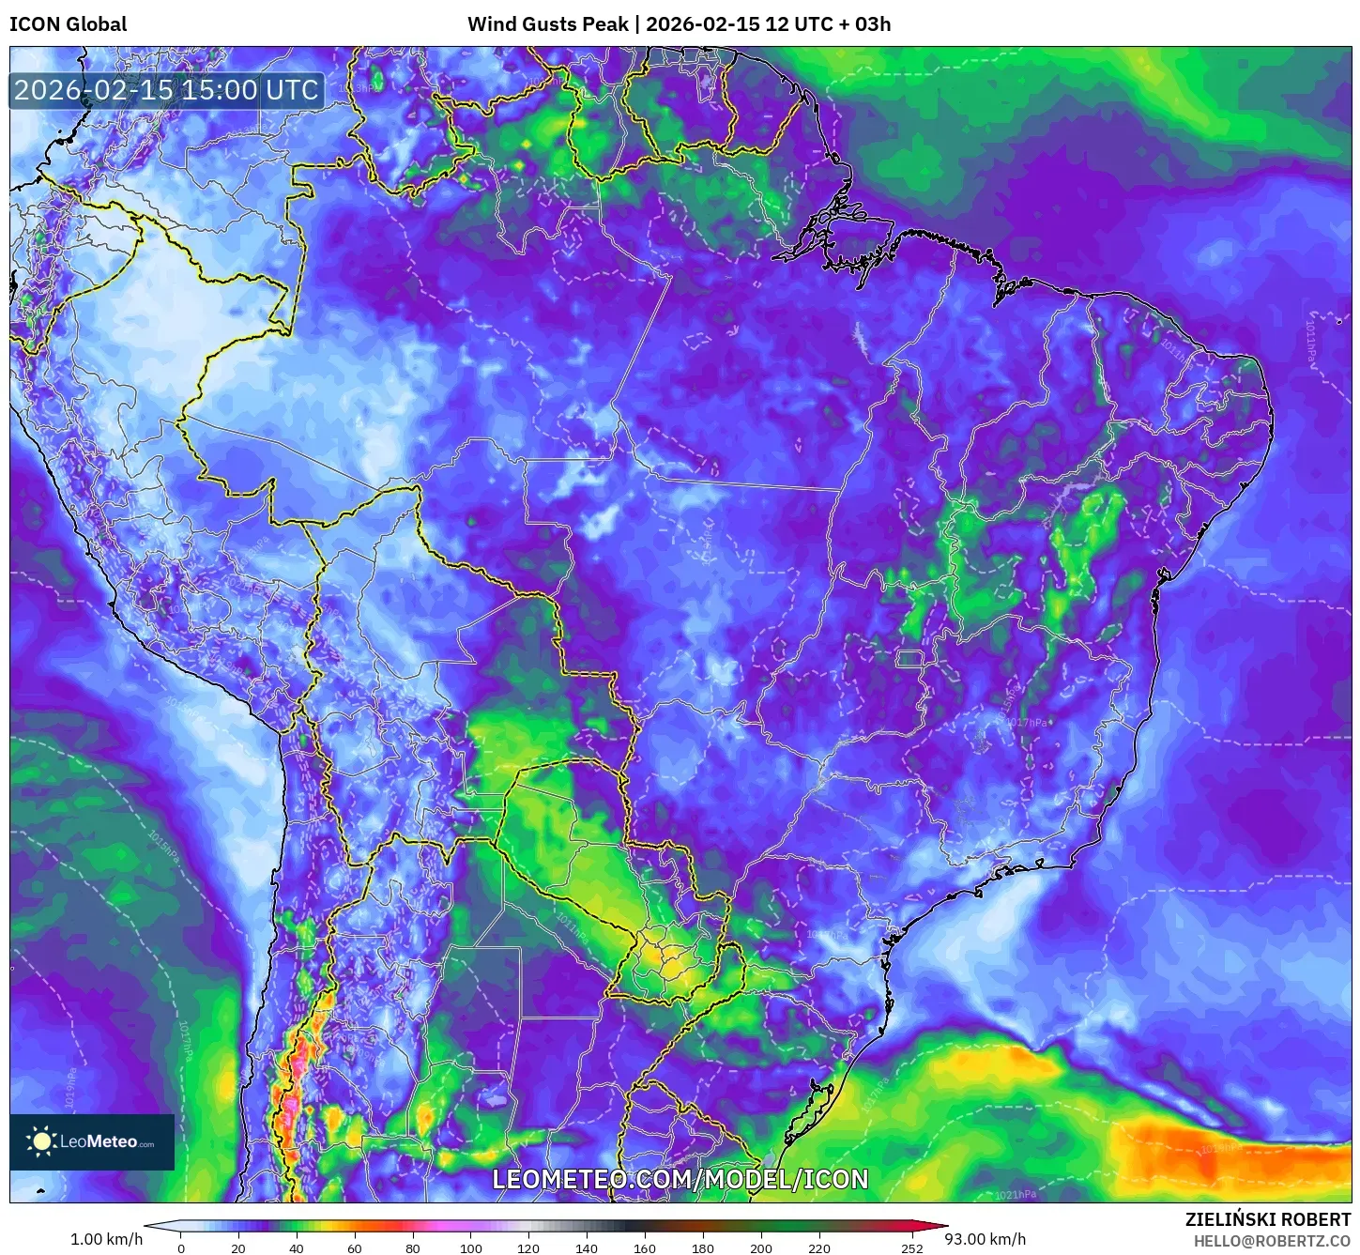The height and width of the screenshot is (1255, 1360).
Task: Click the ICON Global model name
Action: [x=68, y=24]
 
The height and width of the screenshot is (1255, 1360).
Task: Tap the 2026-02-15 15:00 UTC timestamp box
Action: [x=167, y=90]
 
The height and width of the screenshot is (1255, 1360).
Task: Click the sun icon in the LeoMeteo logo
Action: [x=41, y=1141]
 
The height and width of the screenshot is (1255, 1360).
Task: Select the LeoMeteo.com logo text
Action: [x=107, y=1142]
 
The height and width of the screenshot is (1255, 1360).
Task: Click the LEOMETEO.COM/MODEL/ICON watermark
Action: [x=680, y=1179]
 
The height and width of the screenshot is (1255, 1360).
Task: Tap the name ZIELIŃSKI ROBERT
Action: [x=1267, y=1220]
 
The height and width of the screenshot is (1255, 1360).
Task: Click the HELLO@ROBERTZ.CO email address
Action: [x=1272, y=1241]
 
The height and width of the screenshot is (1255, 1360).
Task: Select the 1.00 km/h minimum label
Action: [x=106, y=1239]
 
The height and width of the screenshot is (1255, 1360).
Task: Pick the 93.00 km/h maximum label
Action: [x=985, y=1239]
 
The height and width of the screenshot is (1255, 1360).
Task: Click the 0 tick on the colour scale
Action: [x=181, y=1248]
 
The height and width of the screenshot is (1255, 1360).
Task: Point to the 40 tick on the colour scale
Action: [x=297, y=1248]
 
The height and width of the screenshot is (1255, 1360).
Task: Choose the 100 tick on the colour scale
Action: [x=471, y=1248]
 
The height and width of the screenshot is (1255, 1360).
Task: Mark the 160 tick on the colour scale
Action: [x=645, y=1248]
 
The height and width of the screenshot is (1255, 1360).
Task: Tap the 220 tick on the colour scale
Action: [x=819, y=1248]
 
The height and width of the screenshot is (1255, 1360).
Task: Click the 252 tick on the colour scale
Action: [x=912, y=1248]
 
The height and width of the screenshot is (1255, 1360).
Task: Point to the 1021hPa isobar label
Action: [x=1016, y=1195]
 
